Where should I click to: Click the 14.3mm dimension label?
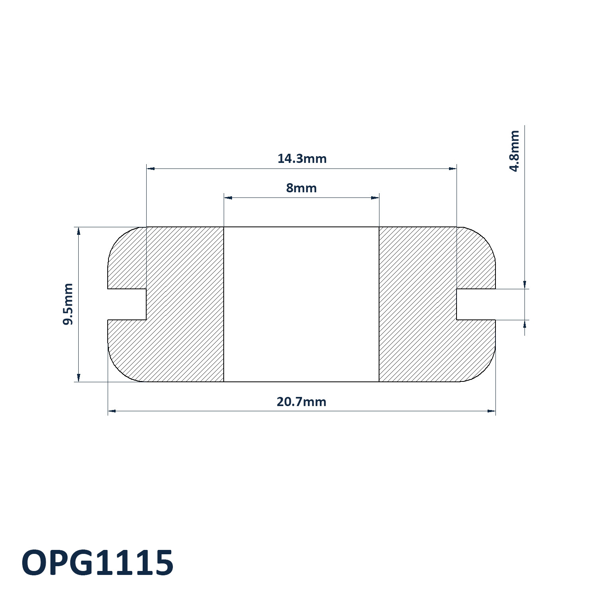click(302, 159)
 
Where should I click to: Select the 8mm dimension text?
click(302, 188)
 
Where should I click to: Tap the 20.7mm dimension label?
click(302, 402)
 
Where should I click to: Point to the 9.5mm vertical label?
click(68, 304)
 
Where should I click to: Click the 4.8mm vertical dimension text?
click(514, 151)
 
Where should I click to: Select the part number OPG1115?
click(97, 563)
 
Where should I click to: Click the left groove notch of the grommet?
click(127, 304)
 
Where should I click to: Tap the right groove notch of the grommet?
click(476, 304)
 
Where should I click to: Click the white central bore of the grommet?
click(302, 304)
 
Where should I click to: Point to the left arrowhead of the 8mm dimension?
click(228, 198)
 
